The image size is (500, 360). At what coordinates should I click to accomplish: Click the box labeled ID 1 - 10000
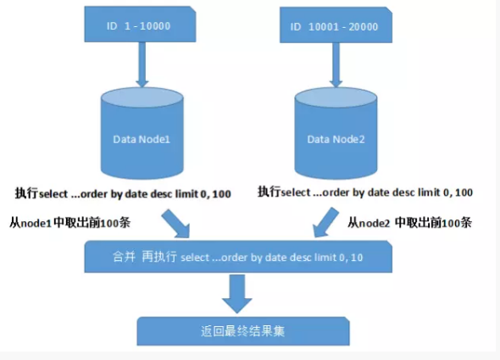pyautogui.click(x=140, y=25)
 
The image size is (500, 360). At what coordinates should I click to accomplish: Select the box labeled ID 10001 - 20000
pyautogui.click(x=336, y=25)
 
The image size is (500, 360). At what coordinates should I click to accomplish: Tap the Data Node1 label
pyautogui.click(x=142, y=140)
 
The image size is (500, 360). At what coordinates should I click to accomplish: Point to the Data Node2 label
pyautogui.click(x=336, y=140)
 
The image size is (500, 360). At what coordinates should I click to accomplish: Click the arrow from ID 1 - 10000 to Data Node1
pyautogui.click(x=142, y=64)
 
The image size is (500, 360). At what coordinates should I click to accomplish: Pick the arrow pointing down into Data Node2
pyautogui.click(x=336, y=65)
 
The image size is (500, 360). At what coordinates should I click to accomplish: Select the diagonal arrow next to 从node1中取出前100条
pyautogui.click(x=176, y=224)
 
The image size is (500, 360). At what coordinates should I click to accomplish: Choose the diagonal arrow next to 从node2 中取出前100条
pyautogui.click(x=325, y=223)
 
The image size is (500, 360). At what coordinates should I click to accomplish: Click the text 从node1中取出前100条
pyautogui.click(x=69, y=223)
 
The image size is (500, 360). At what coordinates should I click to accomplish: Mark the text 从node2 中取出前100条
pyautogui.click(x=409, y=223)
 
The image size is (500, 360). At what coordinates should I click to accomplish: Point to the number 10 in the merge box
pyautogui.click(x=357, y=258)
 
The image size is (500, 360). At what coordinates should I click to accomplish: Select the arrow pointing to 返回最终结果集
pyautogui.click(x=237, y=294)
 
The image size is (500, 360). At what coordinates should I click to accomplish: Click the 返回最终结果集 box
pyautogui.click(x=243, y=331)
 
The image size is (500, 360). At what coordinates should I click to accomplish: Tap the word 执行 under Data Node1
pyautogui.click(x=27, y=193)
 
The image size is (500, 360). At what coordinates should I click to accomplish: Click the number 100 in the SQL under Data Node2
pyautogui.click(x=464, y=192)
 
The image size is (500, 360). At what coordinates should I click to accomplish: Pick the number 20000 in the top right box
pyautogui.click(x=364, y=27)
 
